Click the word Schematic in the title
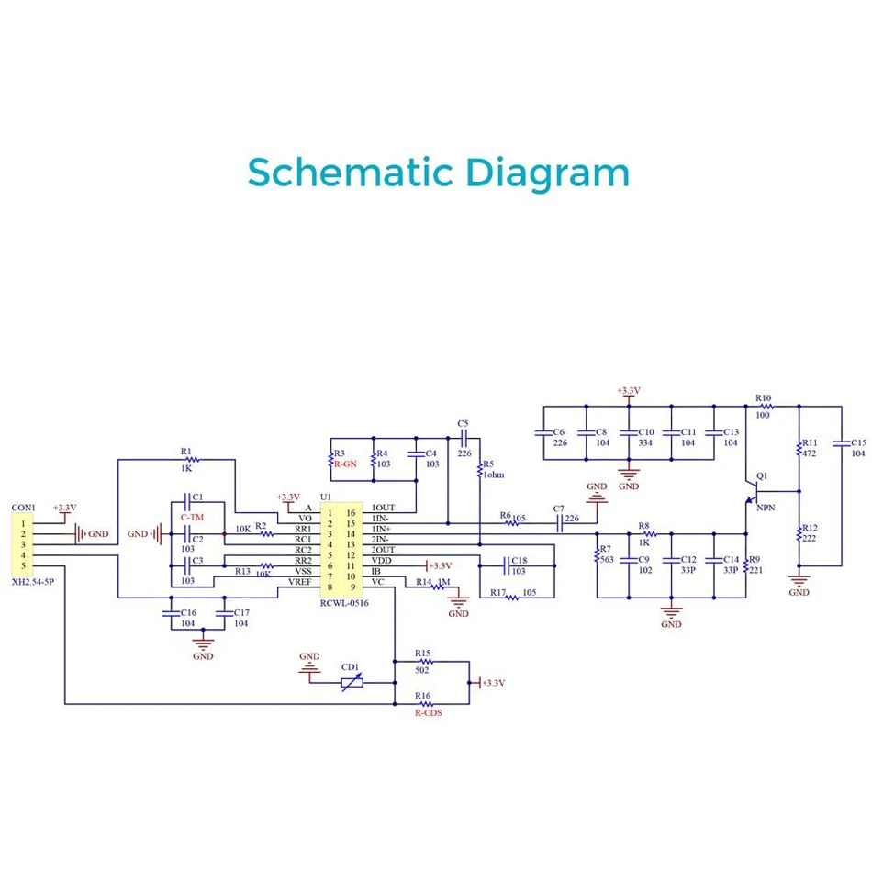tap(351, 172)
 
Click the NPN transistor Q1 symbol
tap(752, 492)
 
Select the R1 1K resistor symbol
tap(192, 460)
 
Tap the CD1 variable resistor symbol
tap(352, 682)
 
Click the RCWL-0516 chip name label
tap(344, 603)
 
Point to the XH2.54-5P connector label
tap(33, 582)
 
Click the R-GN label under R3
tap(345, 464)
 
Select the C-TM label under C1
tap(192, 517)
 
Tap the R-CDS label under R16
tap(429, 712)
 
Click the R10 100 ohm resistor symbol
tap(767, 407)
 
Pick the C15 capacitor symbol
tap(842, 443)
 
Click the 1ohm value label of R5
tap(494, 475)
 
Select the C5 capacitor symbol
tap(464, 438)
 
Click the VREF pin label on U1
tap(300, 582)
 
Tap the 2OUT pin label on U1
tap(383, 550)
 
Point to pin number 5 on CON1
tap(23, 565)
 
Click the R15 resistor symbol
tap(427, 662)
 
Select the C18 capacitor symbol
tap(507, 566)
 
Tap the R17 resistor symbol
tap(512, 598)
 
